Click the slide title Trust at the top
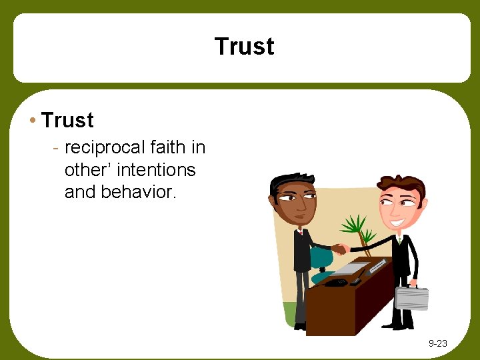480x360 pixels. [x=244, y=47]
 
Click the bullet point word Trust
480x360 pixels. [x=67, y=121]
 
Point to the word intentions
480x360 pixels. [x=155, y=170]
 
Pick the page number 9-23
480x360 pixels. [x=437, y=344]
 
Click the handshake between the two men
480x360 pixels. [x=340, y=249]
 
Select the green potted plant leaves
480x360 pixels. [x=355, y=227]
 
